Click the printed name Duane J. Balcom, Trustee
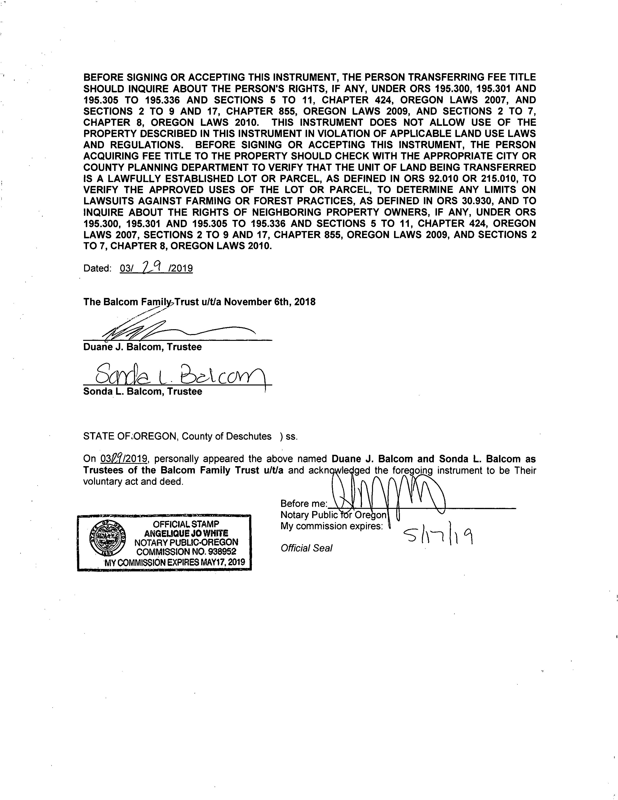(x=143, y=347)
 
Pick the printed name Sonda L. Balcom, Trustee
(x=143, y=392)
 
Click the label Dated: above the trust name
(x=97, y=269)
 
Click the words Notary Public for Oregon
(x=333, y=515)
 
